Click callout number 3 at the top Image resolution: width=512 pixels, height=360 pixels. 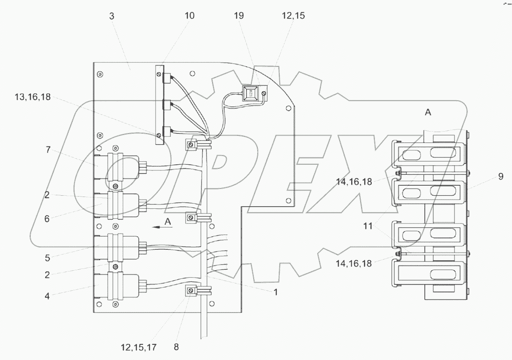(112, 16)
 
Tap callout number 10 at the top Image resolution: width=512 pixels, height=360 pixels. (190, 16)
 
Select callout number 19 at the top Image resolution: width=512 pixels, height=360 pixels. (239, 16)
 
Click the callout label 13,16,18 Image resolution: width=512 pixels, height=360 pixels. (33, 97)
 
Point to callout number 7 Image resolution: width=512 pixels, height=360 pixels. (48, 149)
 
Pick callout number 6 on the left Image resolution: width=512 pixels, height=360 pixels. (47, 218)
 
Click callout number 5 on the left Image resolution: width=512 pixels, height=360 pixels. (47, 258)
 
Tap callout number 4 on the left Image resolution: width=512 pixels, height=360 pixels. (47, 296)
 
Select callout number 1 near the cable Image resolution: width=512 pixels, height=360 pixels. (275, 292)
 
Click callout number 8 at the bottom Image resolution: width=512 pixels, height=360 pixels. (176, 347)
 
